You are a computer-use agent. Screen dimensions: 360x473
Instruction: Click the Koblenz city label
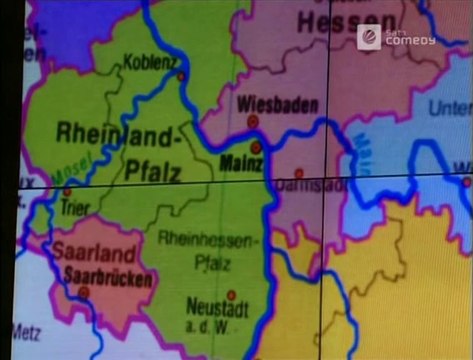click(x=149, y=61)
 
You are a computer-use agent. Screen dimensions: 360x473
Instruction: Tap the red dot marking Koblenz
click(x=181, y=75)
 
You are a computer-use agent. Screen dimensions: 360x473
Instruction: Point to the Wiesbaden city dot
click(x=253, y=121)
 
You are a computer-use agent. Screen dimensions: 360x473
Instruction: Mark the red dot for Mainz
click(x=256, y=146)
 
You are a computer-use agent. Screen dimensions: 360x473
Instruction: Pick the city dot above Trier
click(x=67, y=190)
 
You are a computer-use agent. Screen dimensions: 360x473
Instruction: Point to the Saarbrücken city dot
click(x=84, y=292)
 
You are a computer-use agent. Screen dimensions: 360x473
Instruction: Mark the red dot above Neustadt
click(x=231, y=295)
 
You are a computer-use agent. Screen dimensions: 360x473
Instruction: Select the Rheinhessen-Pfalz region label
click(x=207, y=251)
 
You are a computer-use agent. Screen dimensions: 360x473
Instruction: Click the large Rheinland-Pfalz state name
click(x=132, y=151)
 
